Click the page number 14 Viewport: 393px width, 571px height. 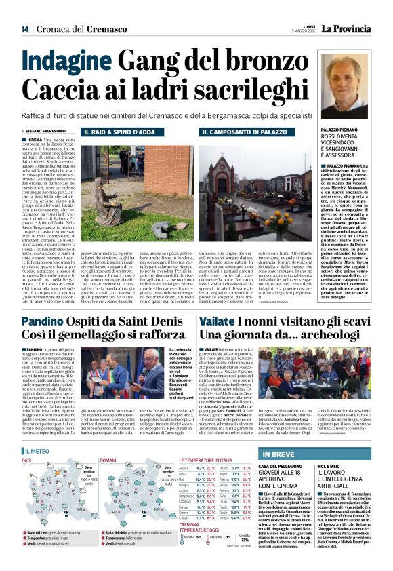[x=25, y=29]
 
